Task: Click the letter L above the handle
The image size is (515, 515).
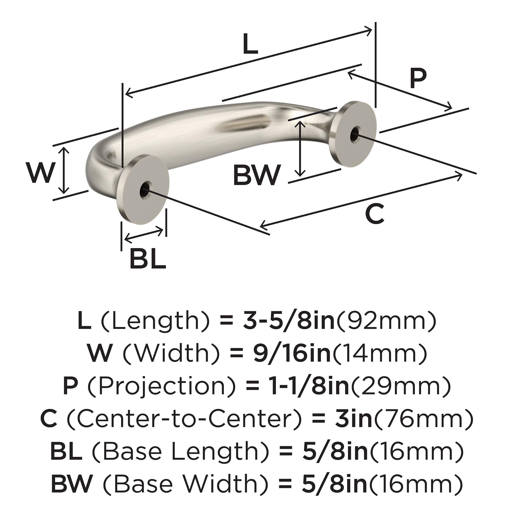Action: coord(250,44)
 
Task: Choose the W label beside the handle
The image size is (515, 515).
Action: coord(41,173)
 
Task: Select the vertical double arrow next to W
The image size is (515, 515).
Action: coord(64,171)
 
